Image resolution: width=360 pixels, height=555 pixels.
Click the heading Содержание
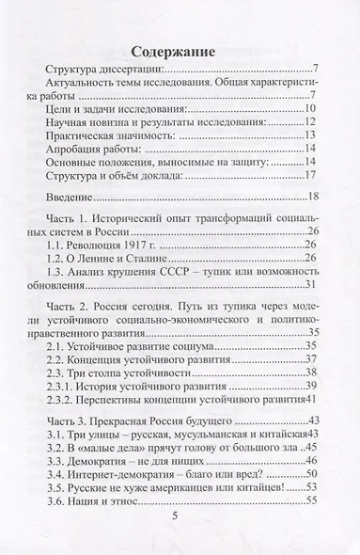[x=180, y=53]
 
